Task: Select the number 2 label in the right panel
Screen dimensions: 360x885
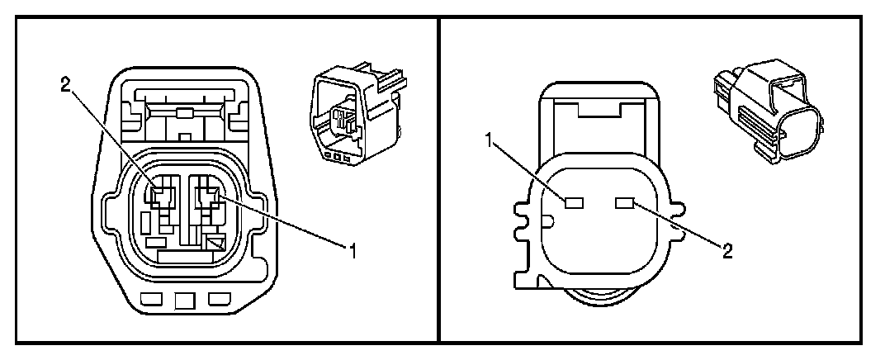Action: [726, 250]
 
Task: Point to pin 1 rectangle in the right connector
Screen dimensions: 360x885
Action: [575, 201]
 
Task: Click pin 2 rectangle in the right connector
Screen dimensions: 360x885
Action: [624, 201]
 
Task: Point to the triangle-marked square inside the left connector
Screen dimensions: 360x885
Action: [215, 243]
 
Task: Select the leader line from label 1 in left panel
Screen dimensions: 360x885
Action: [285, 222]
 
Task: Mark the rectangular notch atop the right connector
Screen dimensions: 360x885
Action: [599, 107]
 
